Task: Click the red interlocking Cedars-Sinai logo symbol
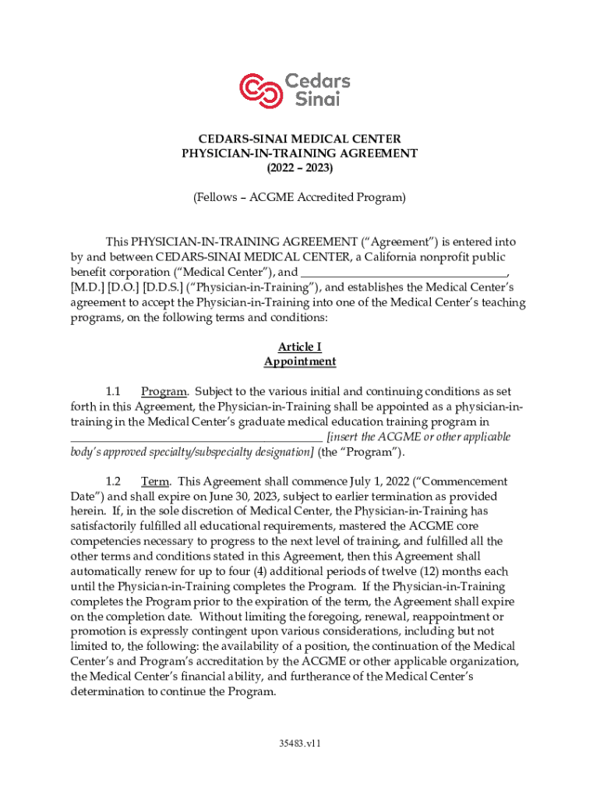click(x=259, y=90)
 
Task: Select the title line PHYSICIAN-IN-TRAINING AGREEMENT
click(x=300, y=154)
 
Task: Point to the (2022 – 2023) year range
click(x=300, y=168)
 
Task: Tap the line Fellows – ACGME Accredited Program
click(x=300, y=198)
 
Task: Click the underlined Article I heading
click(x=300, y=347)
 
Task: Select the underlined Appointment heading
click(x=300, y=362)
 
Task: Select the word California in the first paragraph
click(x=385, y=257)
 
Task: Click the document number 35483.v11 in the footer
click(x=300, y=743)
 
